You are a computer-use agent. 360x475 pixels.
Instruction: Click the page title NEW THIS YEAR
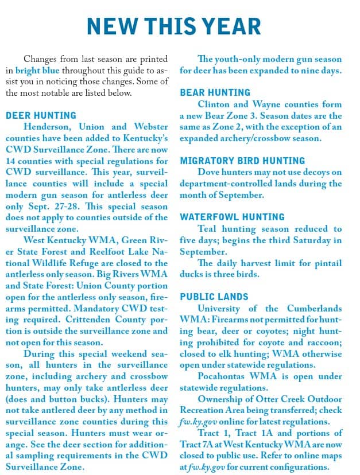pyautogui.click(x=173, y=26)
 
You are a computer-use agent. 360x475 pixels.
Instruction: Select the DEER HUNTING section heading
pyautogui.click(x=41, y=115)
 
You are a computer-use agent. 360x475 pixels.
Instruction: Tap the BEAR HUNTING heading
pyautogui.click(x=215, y=92)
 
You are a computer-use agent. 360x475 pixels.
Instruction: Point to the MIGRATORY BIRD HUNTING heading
pyautogui.click(x=242, y=161)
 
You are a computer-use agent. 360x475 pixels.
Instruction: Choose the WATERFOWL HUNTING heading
pyautogui.click(x=232, y=217)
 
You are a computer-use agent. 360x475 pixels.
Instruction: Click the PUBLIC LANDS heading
pyautogui.click(x=214, y=297)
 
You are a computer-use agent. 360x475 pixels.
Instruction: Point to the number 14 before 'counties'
pyautogui.click(x=11, y=161)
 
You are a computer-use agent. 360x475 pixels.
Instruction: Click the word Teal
pyautogui.click(x=209, y=229)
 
